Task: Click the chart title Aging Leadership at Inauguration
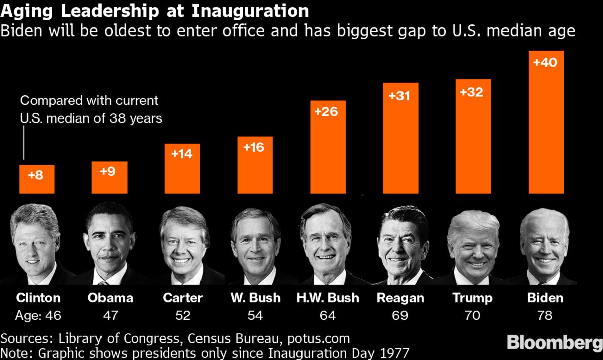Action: (155, 11)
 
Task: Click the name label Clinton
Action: (38, 298)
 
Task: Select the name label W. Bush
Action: (256, 298)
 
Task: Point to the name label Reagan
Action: (400, 298)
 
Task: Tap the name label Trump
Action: (473, 298)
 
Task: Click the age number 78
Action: (545, 315)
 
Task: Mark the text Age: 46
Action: (38, 315)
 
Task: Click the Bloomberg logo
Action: (554, 343)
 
